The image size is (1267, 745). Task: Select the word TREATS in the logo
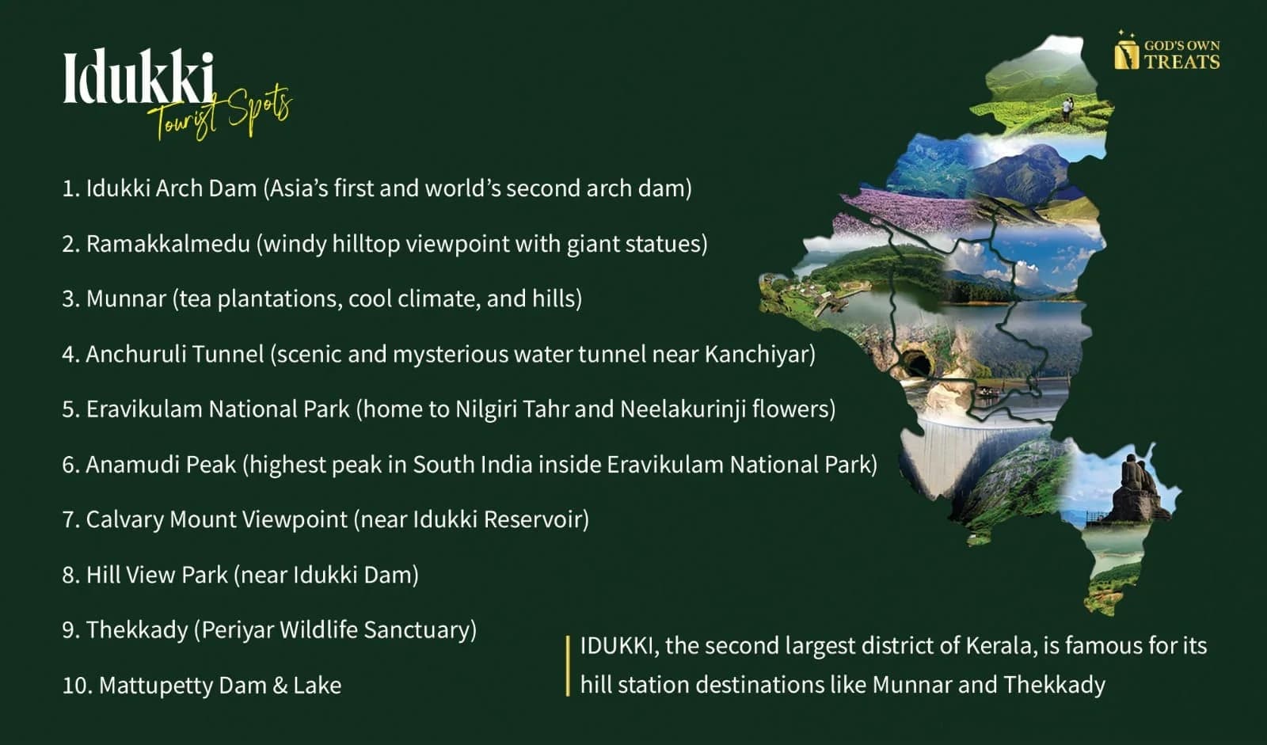1182,61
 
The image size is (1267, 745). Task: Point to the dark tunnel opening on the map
916,363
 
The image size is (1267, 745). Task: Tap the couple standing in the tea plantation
1067,108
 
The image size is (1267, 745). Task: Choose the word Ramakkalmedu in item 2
168,244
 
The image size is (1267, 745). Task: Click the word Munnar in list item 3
126,298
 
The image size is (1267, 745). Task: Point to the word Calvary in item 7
125,520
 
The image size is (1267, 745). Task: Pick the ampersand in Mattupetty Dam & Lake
280,686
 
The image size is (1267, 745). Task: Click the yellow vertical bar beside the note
567,666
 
